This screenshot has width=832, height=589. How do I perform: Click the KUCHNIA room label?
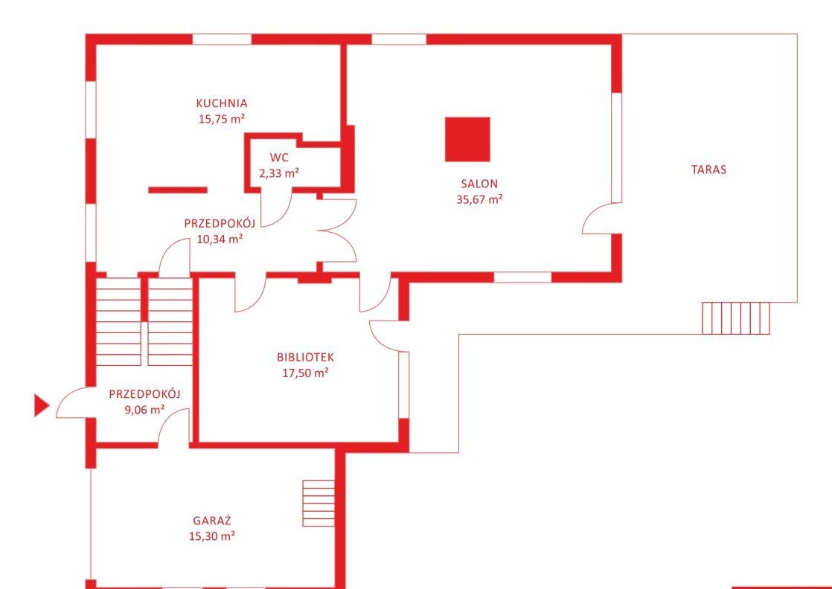point(221,103)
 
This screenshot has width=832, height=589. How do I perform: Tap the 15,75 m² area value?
point(221,119)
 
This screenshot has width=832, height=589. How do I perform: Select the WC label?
point(278,158)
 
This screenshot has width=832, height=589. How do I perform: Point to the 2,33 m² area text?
point(278,173)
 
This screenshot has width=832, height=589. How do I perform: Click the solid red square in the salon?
point(467,139)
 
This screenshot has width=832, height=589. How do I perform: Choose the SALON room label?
point(479,184)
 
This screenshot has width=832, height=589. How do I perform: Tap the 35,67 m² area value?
point(479,199)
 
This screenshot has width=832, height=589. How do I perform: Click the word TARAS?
point(708,170)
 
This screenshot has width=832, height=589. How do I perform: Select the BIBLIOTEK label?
point(305,357)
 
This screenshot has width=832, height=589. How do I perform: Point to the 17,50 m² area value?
point(305,373)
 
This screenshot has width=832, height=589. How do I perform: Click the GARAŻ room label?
point(211,520)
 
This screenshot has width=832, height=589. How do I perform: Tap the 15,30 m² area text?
point(211,536)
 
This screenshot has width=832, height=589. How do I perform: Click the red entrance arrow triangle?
point(42,405)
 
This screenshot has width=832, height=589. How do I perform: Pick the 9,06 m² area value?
point(144,409)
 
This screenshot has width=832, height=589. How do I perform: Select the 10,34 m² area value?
point(220,239)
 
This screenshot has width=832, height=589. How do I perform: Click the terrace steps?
point(736,318)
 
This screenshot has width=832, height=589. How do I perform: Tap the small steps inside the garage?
point(319,503)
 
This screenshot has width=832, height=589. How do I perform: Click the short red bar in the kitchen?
point(178,190)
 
